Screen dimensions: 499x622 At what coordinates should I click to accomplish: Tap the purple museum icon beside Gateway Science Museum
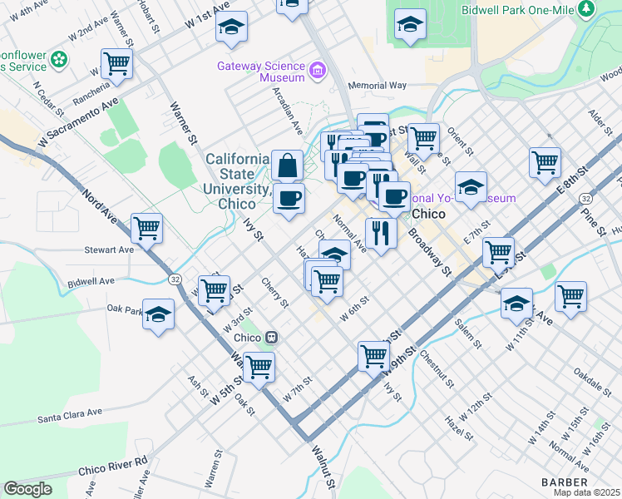point(316,69)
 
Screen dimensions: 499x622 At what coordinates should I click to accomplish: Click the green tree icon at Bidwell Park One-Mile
point(587,8)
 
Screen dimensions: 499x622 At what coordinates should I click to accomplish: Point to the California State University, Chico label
point(237,180)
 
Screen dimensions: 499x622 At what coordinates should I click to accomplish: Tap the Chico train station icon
point(271,338)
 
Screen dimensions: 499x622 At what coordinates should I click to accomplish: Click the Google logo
point(28,488)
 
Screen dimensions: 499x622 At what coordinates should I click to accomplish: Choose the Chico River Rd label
point(112,466)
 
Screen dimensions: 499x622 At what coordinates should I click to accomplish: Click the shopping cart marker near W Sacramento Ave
point(116,62)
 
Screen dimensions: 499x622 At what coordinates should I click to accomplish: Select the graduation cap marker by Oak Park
point(158,314)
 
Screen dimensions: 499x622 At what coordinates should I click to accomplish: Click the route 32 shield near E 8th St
point(585,199)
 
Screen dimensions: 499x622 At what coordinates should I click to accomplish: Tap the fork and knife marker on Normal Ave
point(381,233)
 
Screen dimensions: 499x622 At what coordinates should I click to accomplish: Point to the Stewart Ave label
point(108,249)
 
